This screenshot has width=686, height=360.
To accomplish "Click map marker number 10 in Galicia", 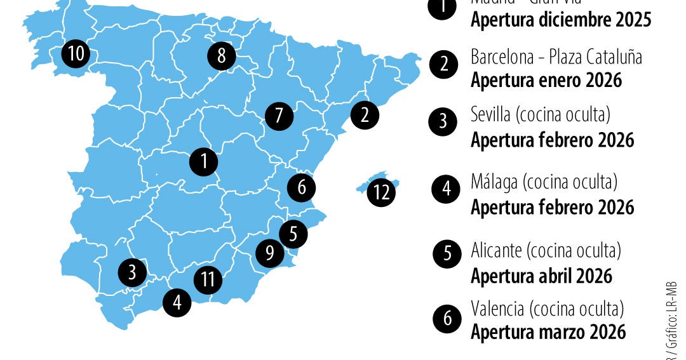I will [x=76, y=54].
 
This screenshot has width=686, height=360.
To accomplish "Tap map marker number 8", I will [x=221, y=57].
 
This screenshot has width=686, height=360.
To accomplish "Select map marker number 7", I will [x=279, y=116].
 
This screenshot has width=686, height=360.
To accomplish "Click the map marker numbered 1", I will [x=204, y=161].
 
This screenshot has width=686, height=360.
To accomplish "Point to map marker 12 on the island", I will [x=382, y=192].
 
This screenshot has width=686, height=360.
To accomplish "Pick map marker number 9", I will [x=270, y=253].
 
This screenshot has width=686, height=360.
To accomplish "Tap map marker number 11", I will [x=208, y=279].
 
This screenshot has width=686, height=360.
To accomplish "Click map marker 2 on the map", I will [x=365, y=116].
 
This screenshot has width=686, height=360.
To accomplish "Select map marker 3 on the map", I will [x=132, y=273].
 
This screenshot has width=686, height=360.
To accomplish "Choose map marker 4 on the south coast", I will [x=177, y=302].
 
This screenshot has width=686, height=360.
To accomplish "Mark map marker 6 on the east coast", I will [x=302, y=187].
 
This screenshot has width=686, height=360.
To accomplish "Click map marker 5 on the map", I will [x=293, y=234].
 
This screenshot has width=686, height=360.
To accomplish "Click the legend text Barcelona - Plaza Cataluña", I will [x=556, y=57].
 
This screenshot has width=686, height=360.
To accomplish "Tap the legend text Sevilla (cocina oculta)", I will [x=541, y=115].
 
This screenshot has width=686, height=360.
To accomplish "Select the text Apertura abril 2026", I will [x=541, y=276].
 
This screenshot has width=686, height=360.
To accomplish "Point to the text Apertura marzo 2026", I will [x=548, y=332].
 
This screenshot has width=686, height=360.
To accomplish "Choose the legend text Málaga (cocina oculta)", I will [x=544, y=183].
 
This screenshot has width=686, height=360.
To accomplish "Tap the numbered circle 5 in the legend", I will [x=448, y=253].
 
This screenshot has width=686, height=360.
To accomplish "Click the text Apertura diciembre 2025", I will [x=561, y=20].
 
